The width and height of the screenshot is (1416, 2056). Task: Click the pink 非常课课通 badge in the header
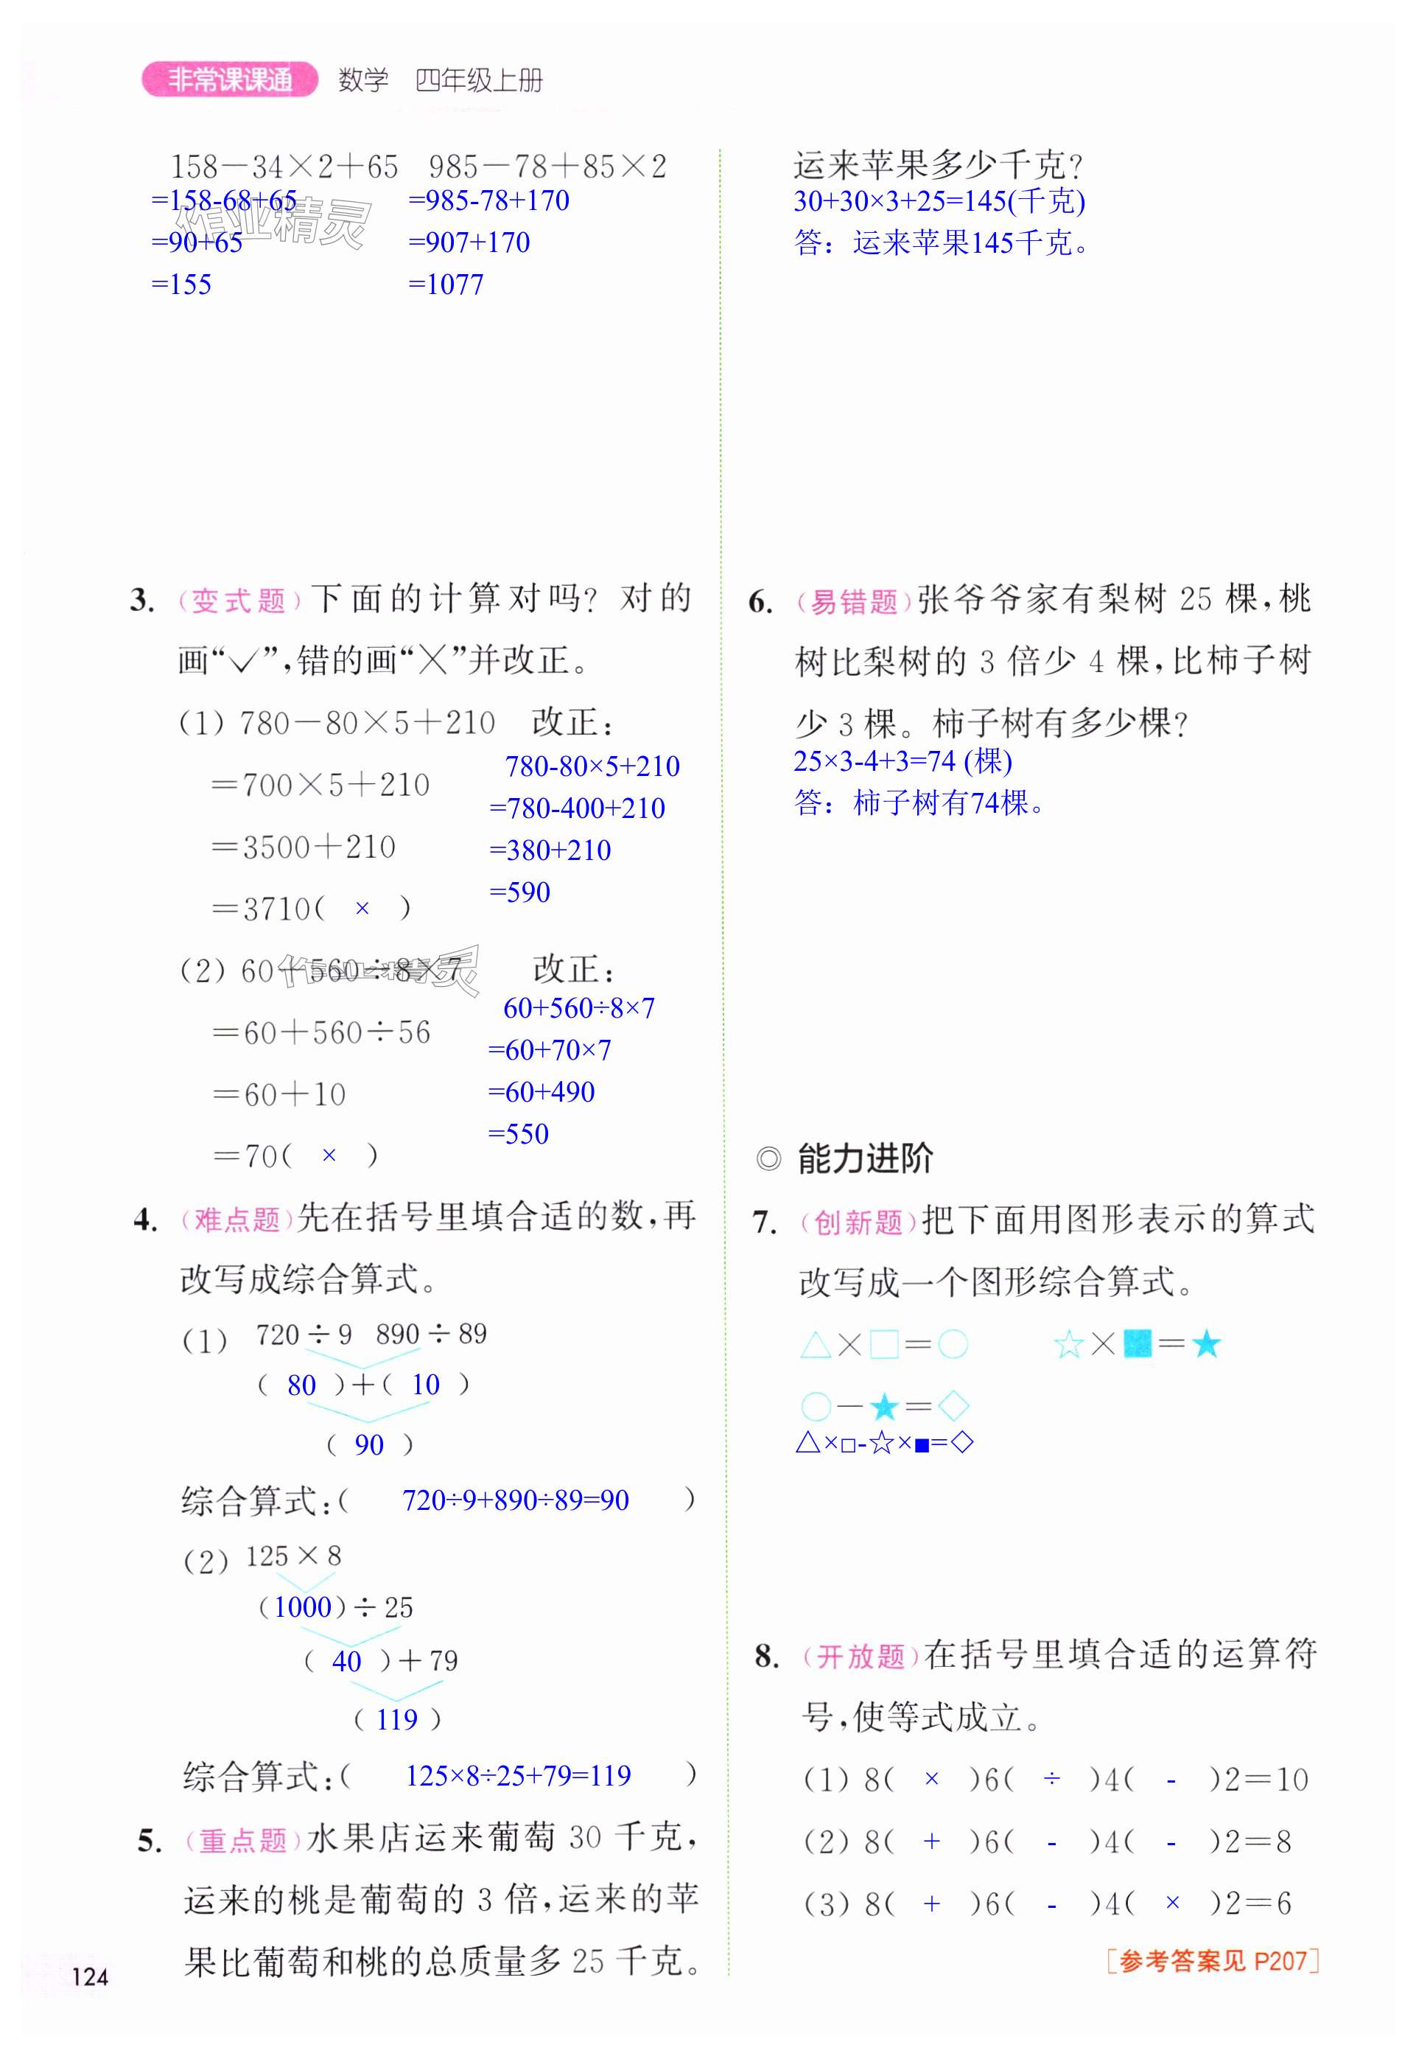(229, 80)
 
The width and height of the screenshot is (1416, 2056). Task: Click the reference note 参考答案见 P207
(1213, 1960)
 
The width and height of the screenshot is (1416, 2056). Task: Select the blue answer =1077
(446, 285)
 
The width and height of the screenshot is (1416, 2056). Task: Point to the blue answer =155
(182, 285)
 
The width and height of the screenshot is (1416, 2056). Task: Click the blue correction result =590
(520, 892)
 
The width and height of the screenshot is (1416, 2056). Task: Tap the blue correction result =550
(518, 1133)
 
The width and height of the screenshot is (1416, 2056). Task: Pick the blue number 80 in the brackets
(301, 1385)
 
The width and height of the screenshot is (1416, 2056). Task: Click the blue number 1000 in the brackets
(303, 1607)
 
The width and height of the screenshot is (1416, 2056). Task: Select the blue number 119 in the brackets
(396, 1720)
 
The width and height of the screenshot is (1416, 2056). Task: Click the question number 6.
(760, 601)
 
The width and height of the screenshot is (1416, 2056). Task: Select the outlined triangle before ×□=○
(815, 1345)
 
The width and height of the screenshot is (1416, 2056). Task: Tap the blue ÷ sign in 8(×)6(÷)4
(1051, 1778)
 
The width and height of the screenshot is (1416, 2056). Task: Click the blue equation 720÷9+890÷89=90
(516, 1500)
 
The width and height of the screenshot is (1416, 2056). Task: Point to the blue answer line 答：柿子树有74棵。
(919, 803)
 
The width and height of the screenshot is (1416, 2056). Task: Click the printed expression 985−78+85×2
(547, 166)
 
